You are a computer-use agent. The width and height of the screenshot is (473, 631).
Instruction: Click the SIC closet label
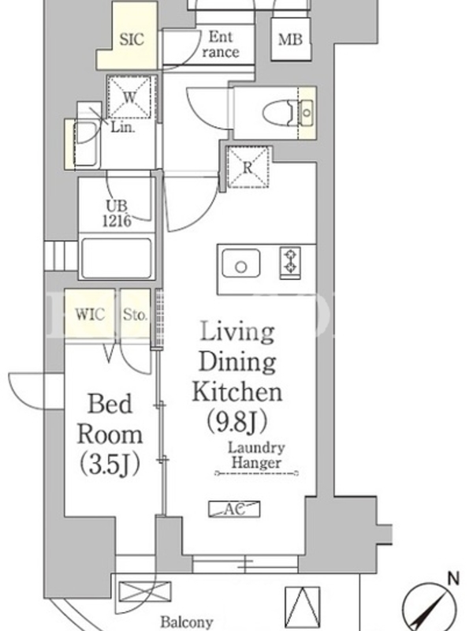(132, 39)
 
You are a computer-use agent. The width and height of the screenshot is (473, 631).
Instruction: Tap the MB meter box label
(290, 39)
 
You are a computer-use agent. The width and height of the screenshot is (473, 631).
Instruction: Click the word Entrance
(221, 45)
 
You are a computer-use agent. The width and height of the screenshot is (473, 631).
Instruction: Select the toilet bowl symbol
(278, 113)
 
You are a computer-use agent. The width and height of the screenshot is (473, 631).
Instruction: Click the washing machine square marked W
(130, 97)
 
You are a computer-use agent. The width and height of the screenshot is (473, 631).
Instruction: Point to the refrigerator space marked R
(248, 167)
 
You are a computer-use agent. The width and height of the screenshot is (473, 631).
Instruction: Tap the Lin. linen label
(123, 128)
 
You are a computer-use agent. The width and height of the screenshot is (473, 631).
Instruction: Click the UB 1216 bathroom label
(117, 213)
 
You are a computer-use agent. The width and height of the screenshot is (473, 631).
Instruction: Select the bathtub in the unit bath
(116, 258)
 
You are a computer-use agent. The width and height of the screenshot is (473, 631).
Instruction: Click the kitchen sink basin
(241, 263)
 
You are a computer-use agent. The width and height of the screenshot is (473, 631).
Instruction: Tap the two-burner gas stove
(290, 263)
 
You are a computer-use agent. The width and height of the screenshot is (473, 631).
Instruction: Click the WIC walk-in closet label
(90, 314)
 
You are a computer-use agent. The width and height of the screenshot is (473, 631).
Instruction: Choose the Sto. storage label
(135, 314)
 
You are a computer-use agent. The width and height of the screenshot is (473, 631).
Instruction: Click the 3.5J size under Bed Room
(110, 465)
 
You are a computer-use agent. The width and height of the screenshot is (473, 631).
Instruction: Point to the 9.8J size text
(237, 421)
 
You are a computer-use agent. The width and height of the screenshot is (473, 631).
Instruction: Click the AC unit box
(234, 509)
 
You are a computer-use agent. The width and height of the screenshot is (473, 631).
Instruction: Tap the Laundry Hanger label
(257, 455)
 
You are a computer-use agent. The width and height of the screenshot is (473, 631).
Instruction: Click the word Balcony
(187, 622)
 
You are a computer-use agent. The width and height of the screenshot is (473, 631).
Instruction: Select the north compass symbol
(430, 603)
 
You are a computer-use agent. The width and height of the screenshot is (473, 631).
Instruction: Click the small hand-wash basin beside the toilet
(307, 112)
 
